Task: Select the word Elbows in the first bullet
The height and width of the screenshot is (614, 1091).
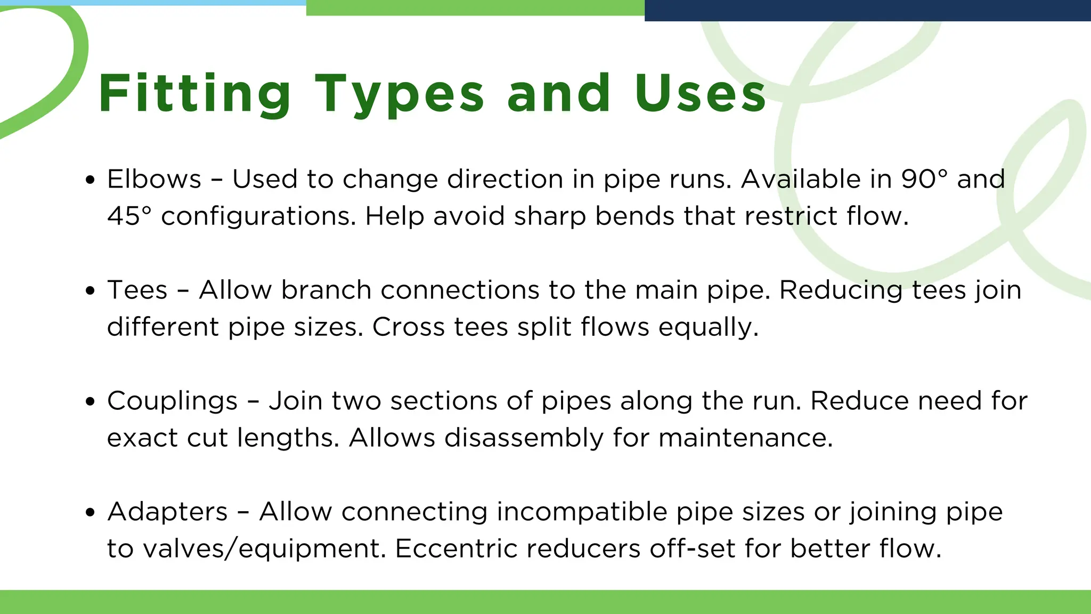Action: (x=154, y=179)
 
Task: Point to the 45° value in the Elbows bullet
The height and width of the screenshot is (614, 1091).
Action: (x=129, y=216)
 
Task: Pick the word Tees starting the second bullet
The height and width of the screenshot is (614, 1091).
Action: (x=137, y=290)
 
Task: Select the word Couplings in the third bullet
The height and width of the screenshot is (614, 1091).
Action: (x=172, y=401)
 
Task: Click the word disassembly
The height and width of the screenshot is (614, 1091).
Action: (x=524, y=438)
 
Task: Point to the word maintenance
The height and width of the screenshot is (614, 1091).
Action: (x=745, y=438)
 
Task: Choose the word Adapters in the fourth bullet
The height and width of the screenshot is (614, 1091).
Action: (x=167, y=512)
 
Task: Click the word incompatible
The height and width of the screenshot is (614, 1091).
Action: (x=582, y=512)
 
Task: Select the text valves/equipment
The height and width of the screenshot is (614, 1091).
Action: (x=264, y=549)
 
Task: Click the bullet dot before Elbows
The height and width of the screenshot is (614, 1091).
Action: (x=90, y=180)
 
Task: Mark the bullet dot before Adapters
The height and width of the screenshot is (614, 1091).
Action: (x=90, y=513)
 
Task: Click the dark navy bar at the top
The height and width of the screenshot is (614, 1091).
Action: (x=867, y=10)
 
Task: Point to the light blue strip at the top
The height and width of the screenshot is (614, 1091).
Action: (x=153, y=3)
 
